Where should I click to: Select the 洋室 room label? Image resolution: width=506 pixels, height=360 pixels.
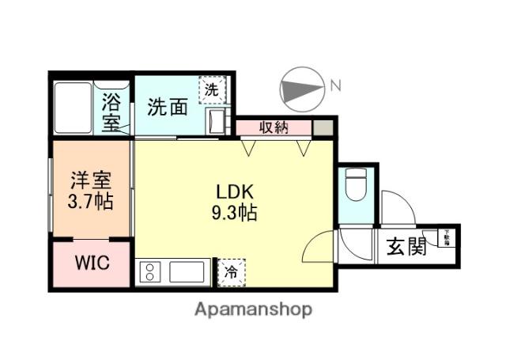[90, 180]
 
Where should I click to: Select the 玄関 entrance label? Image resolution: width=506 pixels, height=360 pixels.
[406, 247]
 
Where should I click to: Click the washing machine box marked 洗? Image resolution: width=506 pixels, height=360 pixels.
[211, 89]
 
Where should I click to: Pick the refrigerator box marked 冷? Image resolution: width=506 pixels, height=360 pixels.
[232, 271]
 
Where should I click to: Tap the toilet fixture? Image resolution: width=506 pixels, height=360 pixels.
[353, 186]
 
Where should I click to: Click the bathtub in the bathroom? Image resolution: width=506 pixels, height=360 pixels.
[74, 107]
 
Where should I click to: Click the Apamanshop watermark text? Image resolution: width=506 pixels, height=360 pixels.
[253, 309]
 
